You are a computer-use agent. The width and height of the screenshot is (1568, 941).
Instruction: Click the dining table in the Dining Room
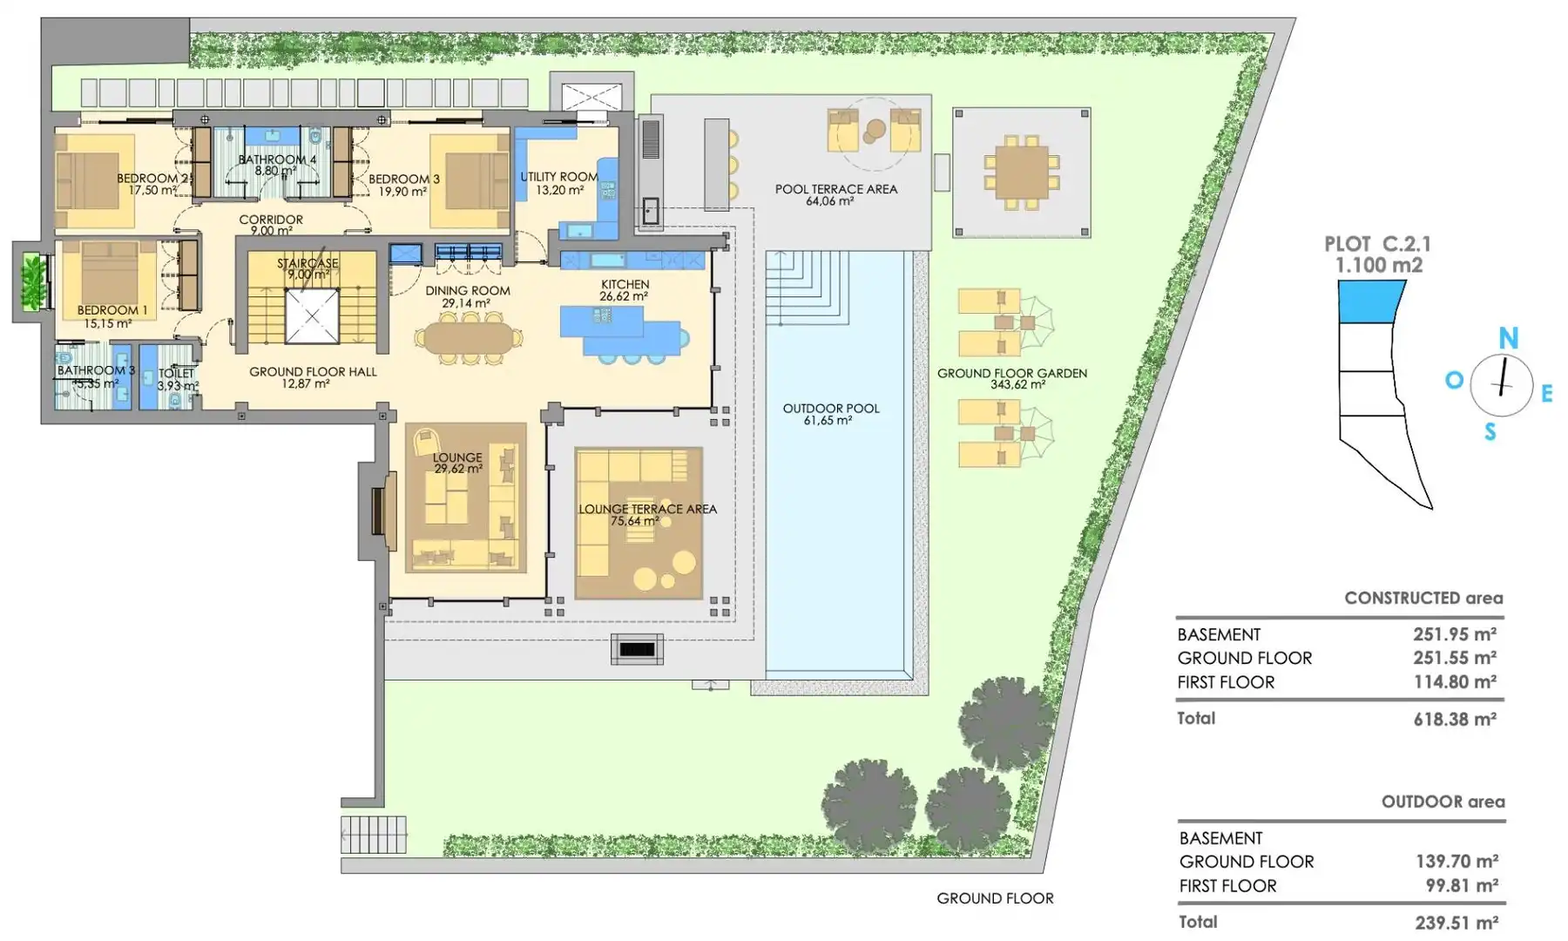(469, 338)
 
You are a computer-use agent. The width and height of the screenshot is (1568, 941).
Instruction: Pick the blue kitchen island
(620, 330)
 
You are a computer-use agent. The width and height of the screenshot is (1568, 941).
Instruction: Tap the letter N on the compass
(1508, 337)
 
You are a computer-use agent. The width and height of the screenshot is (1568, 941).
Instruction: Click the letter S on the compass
(1490, 431)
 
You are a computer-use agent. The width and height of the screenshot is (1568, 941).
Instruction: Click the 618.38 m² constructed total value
(1455, 720)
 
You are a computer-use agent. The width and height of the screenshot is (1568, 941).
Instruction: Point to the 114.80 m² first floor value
(1455, 682)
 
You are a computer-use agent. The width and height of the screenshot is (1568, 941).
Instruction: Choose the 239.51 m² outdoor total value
(1456, 923)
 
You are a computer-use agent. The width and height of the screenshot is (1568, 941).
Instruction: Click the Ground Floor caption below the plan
(995, 898)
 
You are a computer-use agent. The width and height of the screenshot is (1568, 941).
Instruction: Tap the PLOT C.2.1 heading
(1377, 245)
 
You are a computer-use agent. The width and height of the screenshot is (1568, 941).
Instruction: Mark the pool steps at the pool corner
(807, 288)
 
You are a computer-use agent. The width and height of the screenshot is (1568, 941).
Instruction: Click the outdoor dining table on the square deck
(1022, 173)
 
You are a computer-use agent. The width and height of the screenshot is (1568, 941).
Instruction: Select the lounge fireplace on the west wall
(378, 511)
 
